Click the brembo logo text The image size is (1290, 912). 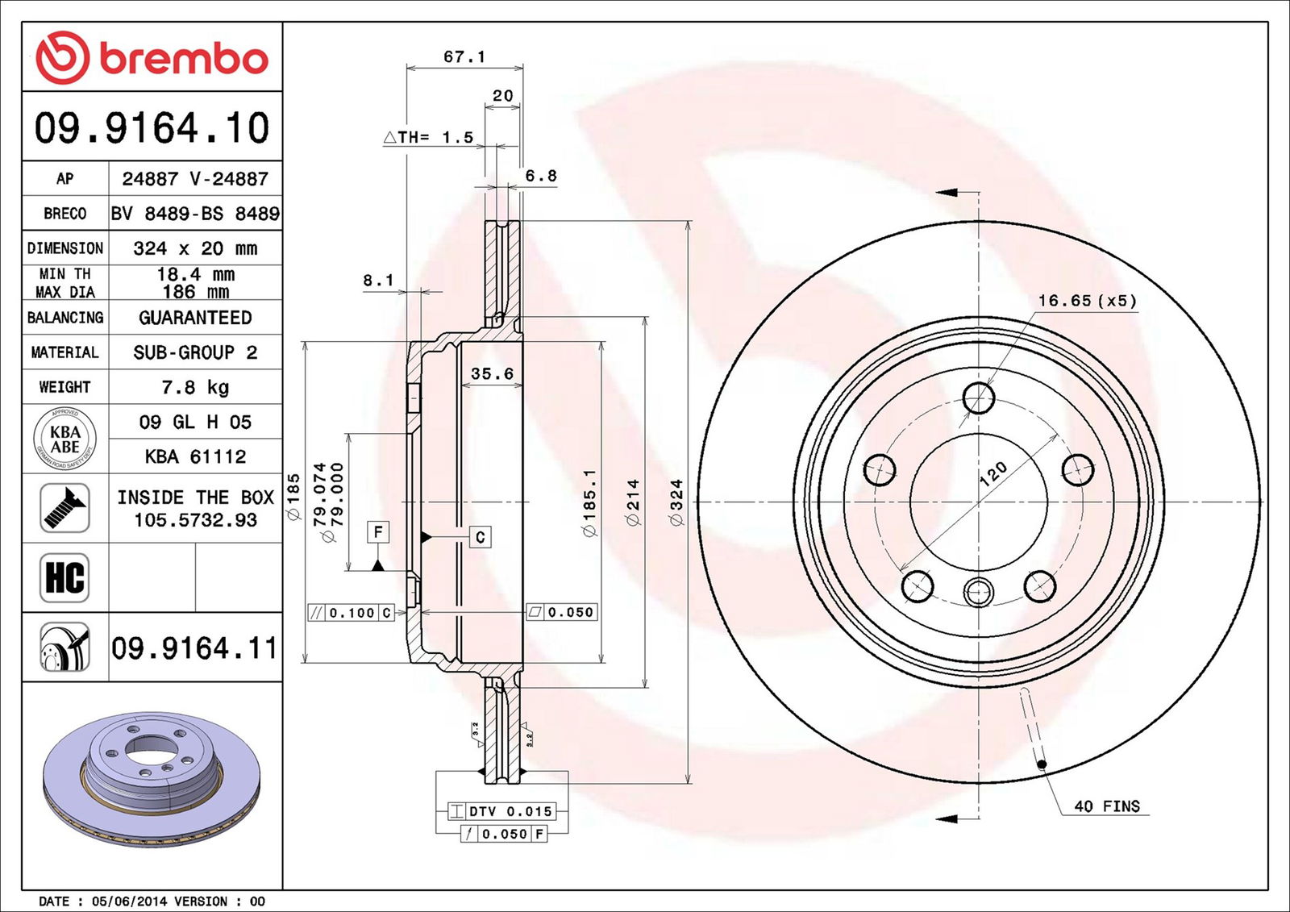point(184,58)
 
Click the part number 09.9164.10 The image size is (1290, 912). point(152,128)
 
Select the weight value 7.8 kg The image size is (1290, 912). point(195,387)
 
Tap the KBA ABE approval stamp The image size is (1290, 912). point(64,439)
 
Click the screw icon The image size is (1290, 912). point(64,508)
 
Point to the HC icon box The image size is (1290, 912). point(64,577)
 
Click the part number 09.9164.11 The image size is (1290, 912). point(193,648)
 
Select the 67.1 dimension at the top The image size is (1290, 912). point(464,56)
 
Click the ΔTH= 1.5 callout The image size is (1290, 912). point(428,137)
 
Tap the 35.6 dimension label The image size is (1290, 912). point(492,373)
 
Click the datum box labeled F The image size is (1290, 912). point(378,532)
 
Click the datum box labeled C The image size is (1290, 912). point(481,537)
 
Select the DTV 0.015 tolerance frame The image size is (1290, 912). point(502,811)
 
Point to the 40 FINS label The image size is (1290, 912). point(1106,806)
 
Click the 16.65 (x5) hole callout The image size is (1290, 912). point(1087,301)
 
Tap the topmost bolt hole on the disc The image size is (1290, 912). point(979,398)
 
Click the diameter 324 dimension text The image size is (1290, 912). point(676,502)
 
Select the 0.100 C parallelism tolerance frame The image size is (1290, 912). point(352,613)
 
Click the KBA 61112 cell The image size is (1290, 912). point(195,456)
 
